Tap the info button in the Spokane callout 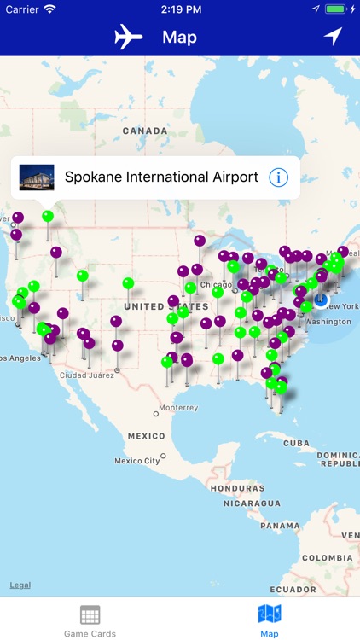(x=278, y=177)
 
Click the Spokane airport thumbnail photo (x=37, y=177)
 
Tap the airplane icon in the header (x=128, y=37)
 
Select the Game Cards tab (x=90, y=620)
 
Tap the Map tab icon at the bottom (x=270, y=614)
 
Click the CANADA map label (x=145, y=131)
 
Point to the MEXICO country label (x=146, y=436)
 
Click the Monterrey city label (x=178, y=408)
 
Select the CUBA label (x=296, y=444)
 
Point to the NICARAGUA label (x=252, y=503)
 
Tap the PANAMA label (x=280, y=526)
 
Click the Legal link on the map (x=20, y=585)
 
